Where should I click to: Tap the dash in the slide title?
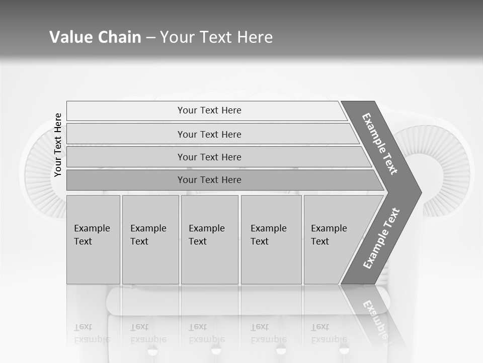coord(150,38)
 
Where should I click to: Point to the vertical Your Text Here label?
coord(58,145)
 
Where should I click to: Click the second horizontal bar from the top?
coord(209,134)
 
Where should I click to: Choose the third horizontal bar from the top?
coord(209,157)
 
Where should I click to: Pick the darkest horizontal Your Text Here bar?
coord(209,180)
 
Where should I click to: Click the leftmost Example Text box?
coord(93,239)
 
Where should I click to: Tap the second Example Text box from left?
coord(150,239)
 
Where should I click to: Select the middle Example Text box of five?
coord(209,239)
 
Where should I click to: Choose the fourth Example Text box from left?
coord(271,239)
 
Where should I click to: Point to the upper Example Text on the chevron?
coord(380,144)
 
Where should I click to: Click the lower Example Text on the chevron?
coord(381,238)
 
